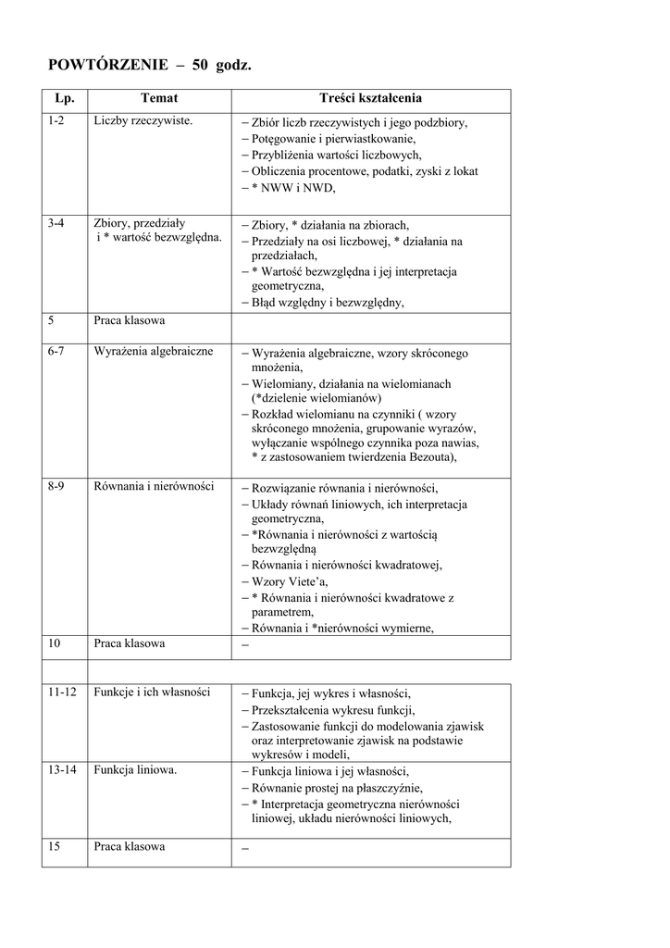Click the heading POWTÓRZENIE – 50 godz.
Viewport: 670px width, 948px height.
tap(149, 65)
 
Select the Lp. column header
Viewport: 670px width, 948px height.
tap(64, 98)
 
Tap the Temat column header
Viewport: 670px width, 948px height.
tap(159, 98)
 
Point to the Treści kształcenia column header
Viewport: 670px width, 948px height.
tap(370, 98)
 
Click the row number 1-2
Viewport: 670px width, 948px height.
tap(56, 122)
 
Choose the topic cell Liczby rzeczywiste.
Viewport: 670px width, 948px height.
tap(143, 122)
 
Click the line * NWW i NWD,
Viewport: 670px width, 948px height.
tap(292, 188)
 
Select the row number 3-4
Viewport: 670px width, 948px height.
tap(56, 224)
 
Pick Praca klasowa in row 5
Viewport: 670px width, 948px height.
tap(130, 322)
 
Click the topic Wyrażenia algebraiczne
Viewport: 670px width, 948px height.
tap(154, 352)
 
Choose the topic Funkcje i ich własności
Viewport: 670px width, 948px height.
tap(152, 692)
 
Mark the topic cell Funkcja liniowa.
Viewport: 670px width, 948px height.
tap(136, 770)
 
